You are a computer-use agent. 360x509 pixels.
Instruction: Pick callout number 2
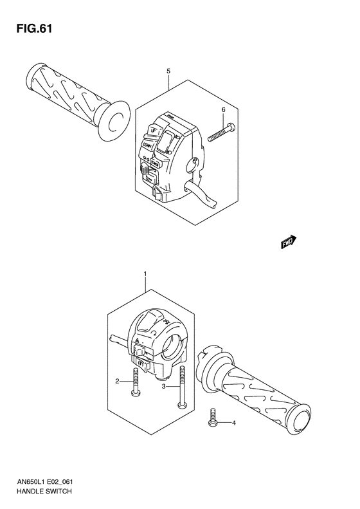point(118,382)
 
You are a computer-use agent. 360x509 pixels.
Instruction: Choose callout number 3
point(164,387)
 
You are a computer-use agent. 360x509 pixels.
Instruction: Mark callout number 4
point(234,423)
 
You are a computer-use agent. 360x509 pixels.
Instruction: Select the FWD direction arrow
point(287,241)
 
